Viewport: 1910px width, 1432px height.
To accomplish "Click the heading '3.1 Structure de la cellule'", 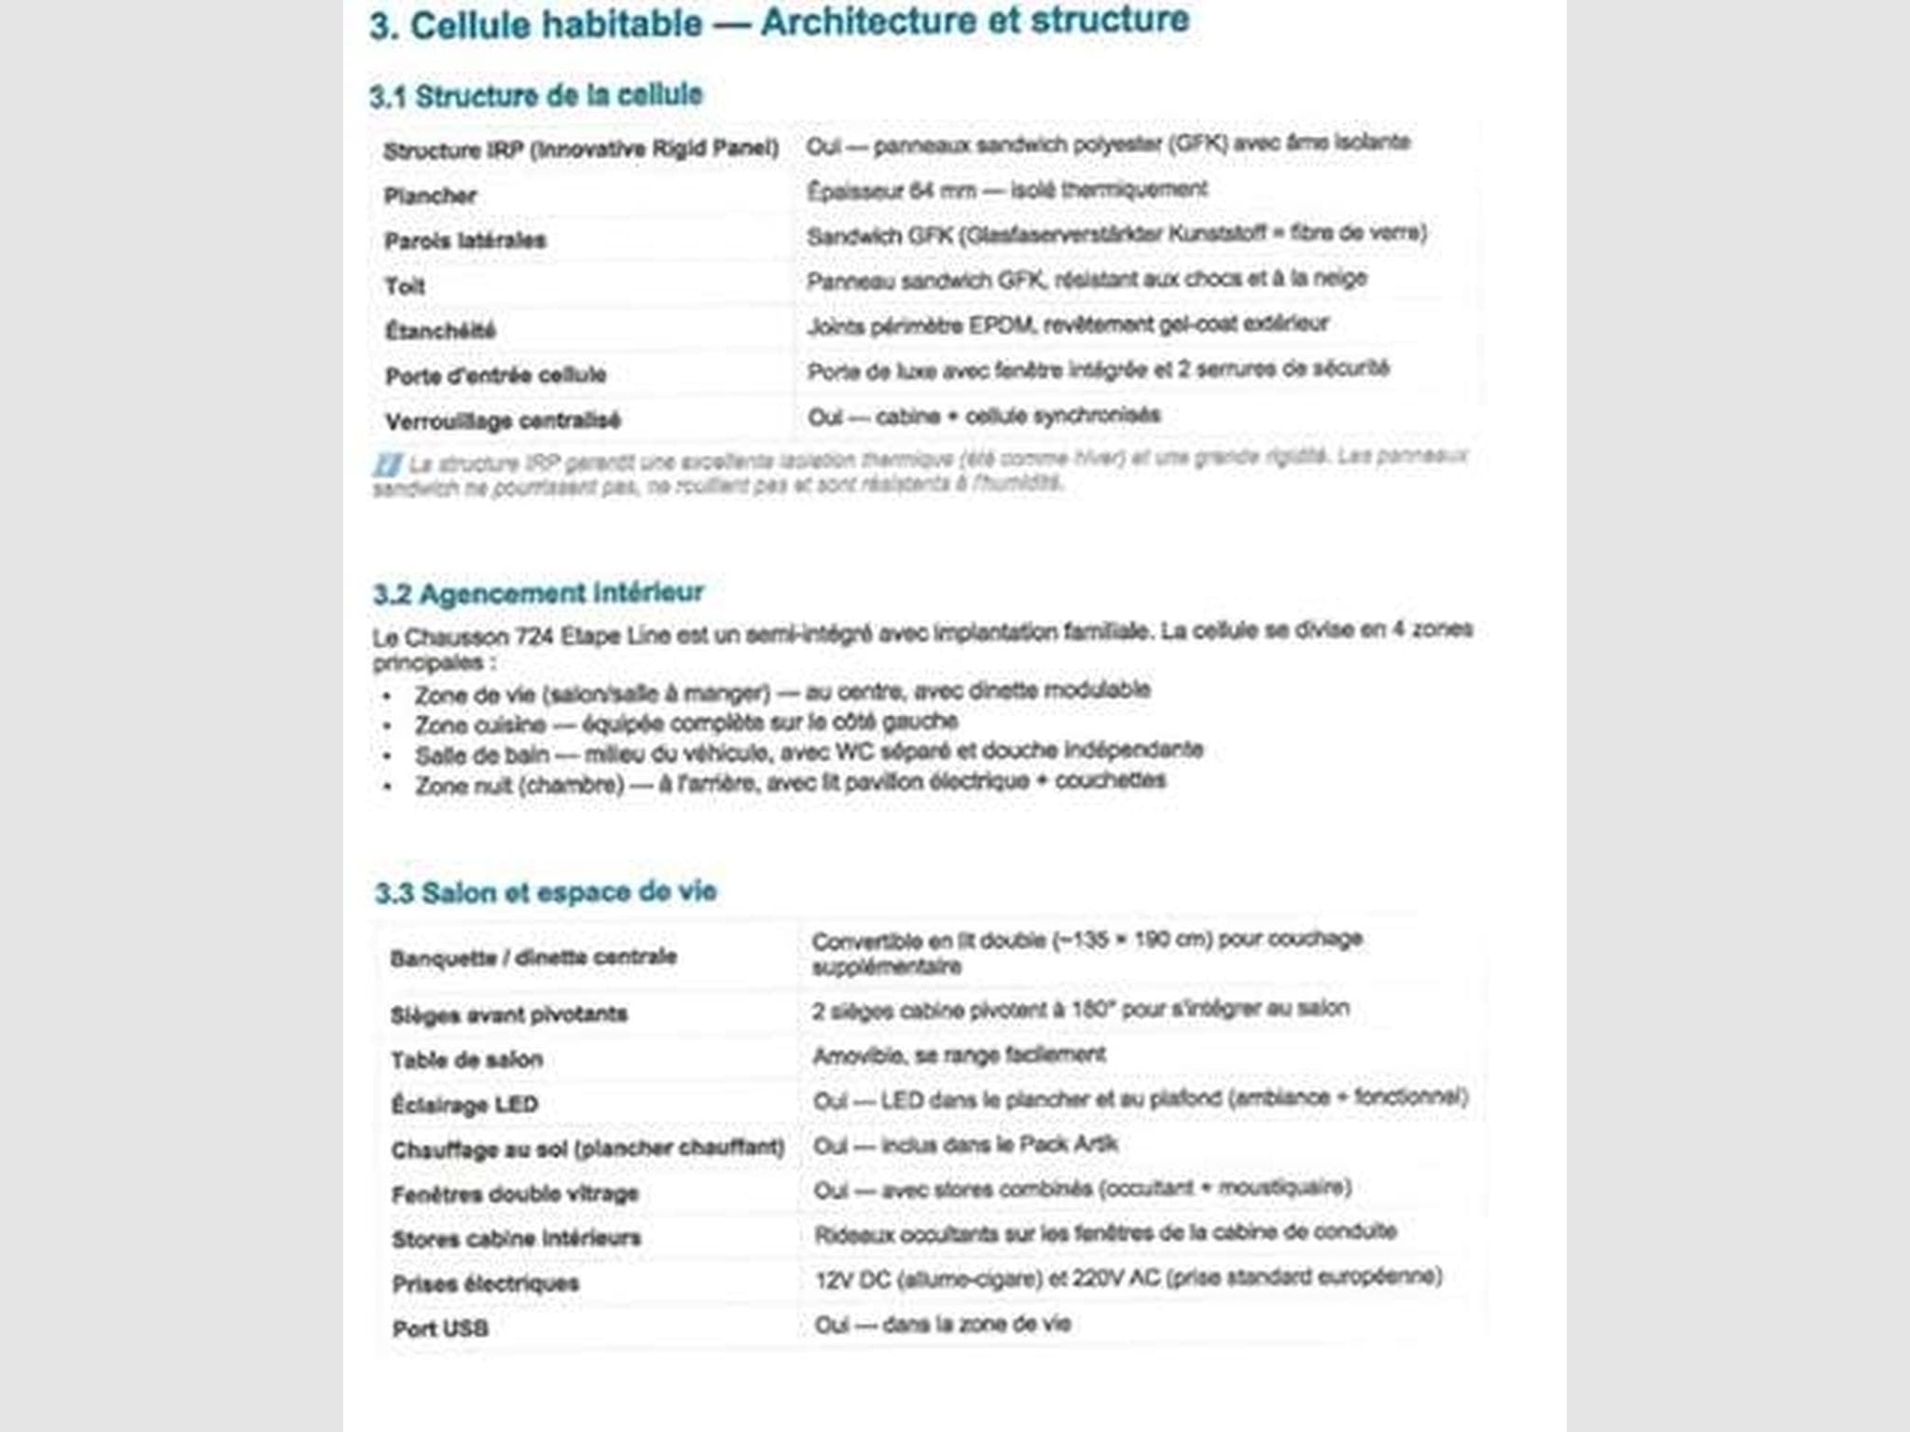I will point(535,95).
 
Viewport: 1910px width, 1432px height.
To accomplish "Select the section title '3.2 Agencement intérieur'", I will point(538,593).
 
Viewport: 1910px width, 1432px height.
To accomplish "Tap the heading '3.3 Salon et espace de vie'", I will point(546,892).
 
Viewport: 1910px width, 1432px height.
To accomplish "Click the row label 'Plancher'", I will point(430,196).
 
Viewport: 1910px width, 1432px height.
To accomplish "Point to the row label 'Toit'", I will point(405,286).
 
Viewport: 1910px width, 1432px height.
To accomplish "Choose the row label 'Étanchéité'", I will point(439,331).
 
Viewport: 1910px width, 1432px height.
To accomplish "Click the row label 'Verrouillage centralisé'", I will point(503,420).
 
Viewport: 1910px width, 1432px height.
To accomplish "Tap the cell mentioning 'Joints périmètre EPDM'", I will point(1067,324).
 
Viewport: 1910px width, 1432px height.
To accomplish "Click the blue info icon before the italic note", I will point(387,464).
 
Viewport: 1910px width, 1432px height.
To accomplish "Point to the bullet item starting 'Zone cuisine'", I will point(686,723).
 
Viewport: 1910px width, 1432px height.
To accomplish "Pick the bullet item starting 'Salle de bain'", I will point(809,752).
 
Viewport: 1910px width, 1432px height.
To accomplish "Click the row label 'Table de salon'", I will point(466,1060).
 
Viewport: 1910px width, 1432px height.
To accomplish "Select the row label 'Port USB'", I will point(439,1329).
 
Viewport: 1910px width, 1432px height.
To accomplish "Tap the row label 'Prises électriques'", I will point(485,1284).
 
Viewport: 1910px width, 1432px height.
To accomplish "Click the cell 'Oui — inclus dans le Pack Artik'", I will point(965,1145).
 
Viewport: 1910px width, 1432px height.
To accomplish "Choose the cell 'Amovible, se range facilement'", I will point(959,1055).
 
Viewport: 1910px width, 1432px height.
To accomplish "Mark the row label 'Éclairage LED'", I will point(464,1105).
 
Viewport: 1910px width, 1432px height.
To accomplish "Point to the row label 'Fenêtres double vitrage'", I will point(515,1194).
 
